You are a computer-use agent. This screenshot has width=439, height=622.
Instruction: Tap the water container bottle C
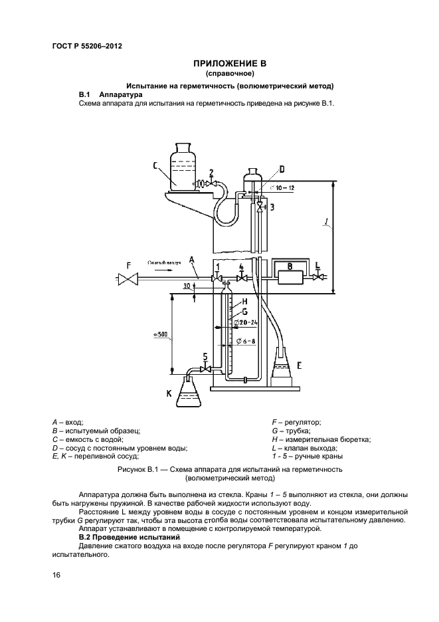point(179,166)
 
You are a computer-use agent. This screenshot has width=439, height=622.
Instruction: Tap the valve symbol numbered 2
point(211,183)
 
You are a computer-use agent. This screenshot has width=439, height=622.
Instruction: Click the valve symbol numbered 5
point(205,368)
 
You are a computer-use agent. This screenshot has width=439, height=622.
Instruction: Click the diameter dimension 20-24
point(245,322)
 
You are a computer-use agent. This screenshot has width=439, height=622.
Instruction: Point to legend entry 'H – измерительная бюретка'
point(321,439)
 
